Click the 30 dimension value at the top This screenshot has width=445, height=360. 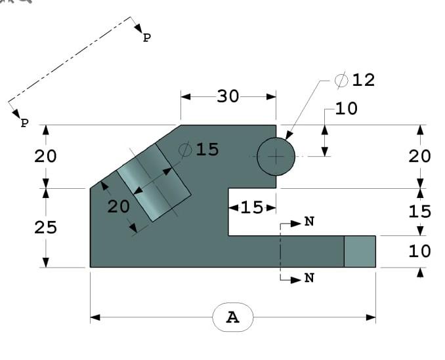(228, 96)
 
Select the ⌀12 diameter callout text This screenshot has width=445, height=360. (355, 80)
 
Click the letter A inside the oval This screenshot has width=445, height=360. (232, 317)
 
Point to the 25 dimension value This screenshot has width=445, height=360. (46, 228)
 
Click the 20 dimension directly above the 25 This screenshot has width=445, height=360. (46, 157)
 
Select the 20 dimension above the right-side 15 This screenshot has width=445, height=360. (419, 157)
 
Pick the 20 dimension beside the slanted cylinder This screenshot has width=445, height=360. (119, 206)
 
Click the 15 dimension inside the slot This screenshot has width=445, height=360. (251, 208)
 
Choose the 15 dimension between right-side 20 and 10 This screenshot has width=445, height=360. (419, 212)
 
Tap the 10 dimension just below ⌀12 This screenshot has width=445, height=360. (346, 109)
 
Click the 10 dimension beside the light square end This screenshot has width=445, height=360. (419, 251)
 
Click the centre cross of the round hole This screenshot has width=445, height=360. (276, 157)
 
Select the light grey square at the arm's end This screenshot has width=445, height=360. (360, 252)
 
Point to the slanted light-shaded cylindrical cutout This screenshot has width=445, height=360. (154, 182)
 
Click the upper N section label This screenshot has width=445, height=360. (309, 222)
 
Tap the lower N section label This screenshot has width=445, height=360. (309, 279)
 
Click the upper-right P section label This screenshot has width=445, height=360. (146, 38)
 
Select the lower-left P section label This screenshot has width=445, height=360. (24, 123)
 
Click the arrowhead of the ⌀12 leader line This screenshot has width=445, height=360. (287, 138)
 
